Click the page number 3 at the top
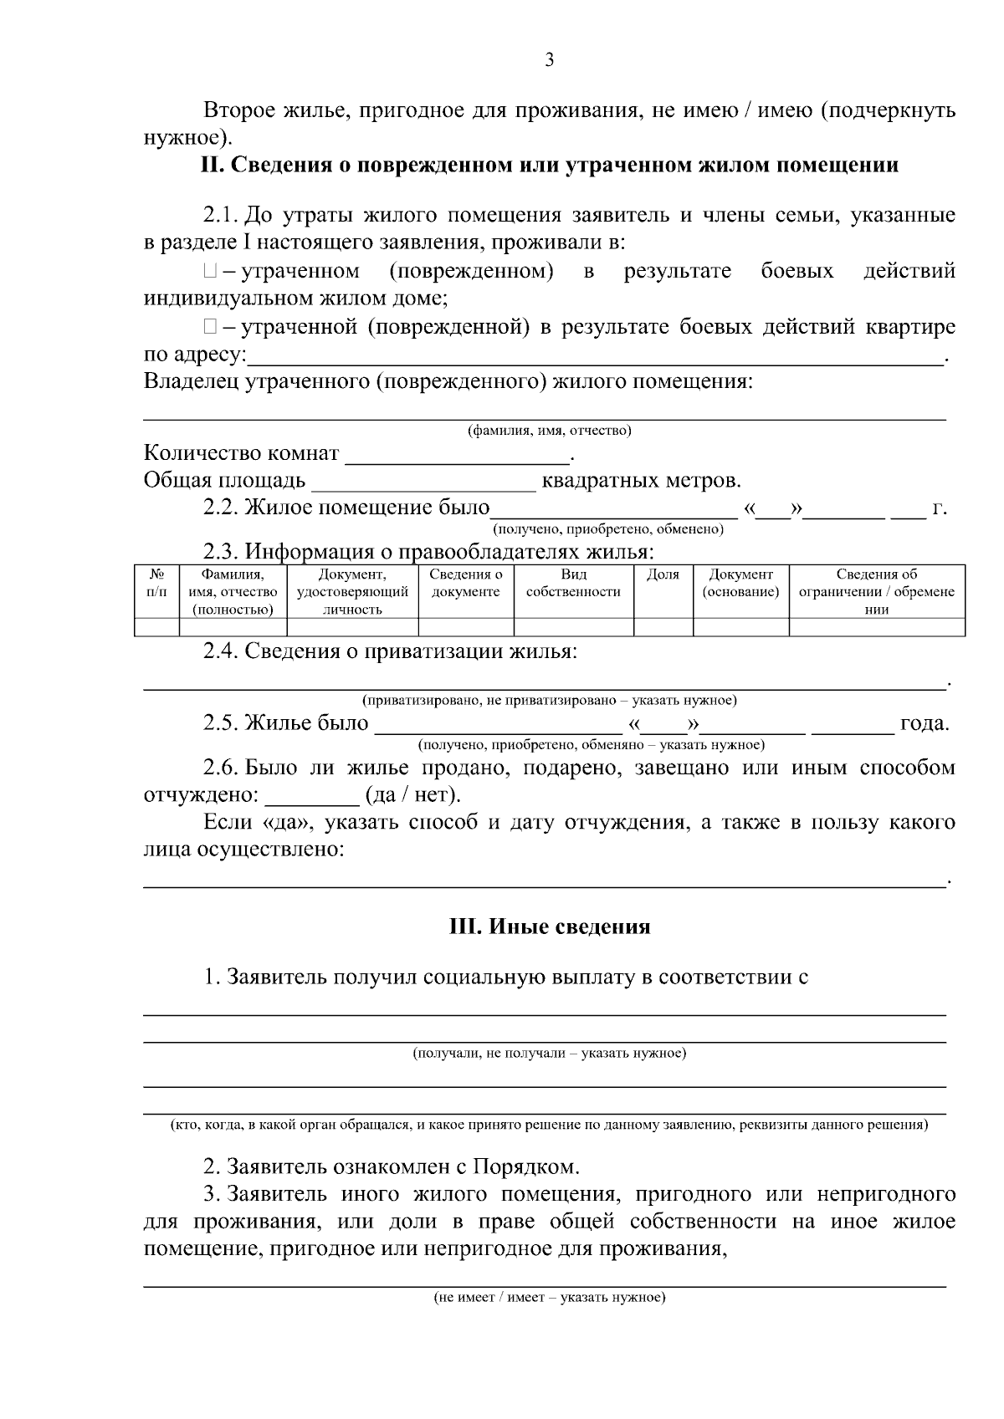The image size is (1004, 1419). pyautogui.click(x=549, y=60)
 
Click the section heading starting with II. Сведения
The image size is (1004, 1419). pyautogui.click(x=550, y=165)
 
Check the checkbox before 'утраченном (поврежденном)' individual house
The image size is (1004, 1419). pyautogui.click(x=209, y=272)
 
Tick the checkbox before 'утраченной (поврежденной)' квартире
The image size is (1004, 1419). pyautogui.click(x=209, y=327)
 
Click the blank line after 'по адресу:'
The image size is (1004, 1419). pyautogui.click(x=594, y=357)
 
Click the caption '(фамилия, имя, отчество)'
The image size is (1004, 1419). pyautogui.click(x=549, y=431)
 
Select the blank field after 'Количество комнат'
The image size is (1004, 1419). pyautogui.click(x=456, y=455)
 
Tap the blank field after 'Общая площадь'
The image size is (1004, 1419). pyautogui.click(x=423, y=482)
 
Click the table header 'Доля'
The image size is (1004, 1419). pyautogui.click(x=663, y=574)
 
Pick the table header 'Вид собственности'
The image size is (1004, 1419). pyautogui.click(x=573, y=584)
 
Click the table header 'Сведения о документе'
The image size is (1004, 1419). pyautogui.click(x=465, y=584)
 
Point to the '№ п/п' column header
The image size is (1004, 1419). pyautogui.click(x=156, y=584)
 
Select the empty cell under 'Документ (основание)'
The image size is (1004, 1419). pyautogui.click(x=740, y=627)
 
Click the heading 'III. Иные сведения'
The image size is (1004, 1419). pyautogui.click(x=550, y=926)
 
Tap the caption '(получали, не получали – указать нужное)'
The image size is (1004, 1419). pyautogui.click(x=549, y=1053)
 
